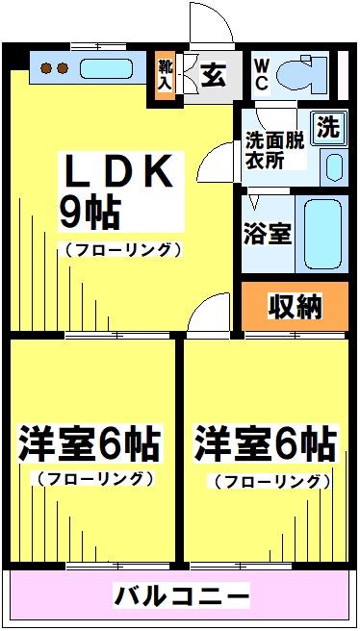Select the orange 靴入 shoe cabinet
[165, 75]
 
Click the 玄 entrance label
[214, 76]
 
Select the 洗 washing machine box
[328, 127]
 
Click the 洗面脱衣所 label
[275, 148]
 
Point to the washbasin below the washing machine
[332, 166]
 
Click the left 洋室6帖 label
[90, 446]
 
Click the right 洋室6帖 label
[266, 446]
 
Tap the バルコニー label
[182, 596]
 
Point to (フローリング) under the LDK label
[122, 250]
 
